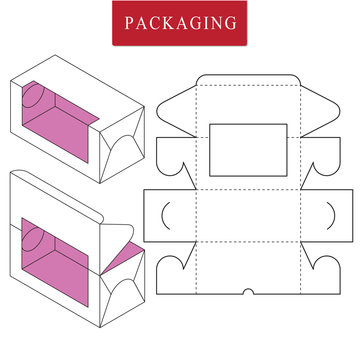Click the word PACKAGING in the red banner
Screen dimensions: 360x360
pos(181,23)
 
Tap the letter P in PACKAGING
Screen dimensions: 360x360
pos(130,23)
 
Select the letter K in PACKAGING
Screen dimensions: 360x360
pos(167,23)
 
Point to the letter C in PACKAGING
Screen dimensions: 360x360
pos(154,23)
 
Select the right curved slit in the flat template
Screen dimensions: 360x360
pos(327,215)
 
